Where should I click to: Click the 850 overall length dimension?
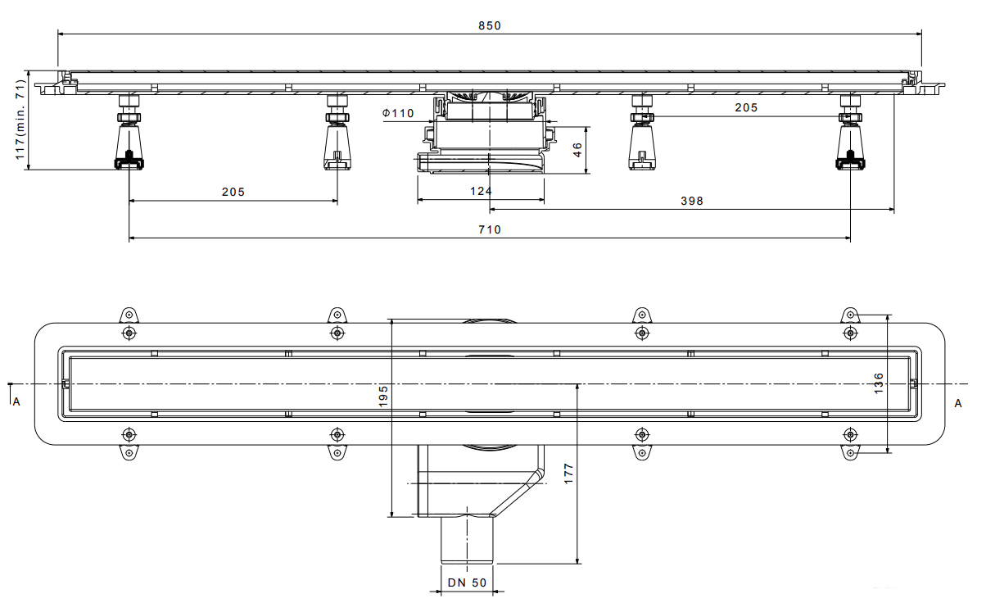[x=490, y=25]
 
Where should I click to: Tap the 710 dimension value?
[x=490, y=229]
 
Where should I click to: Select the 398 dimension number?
[x=692, y=201]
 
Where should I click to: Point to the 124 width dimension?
[x=481, y=191]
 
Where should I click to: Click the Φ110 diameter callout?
[x=398, y=113]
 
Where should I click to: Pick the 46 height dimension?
[x=577, y=150]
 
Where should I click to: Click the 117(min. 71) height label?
[x=20, y=120]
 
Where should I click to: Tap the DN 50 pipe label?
[x=467, y=583]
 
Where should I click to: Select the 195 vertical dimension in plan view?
[x=383, y=396]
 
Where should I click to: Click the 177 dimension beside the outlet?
[x=568, y=474]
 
